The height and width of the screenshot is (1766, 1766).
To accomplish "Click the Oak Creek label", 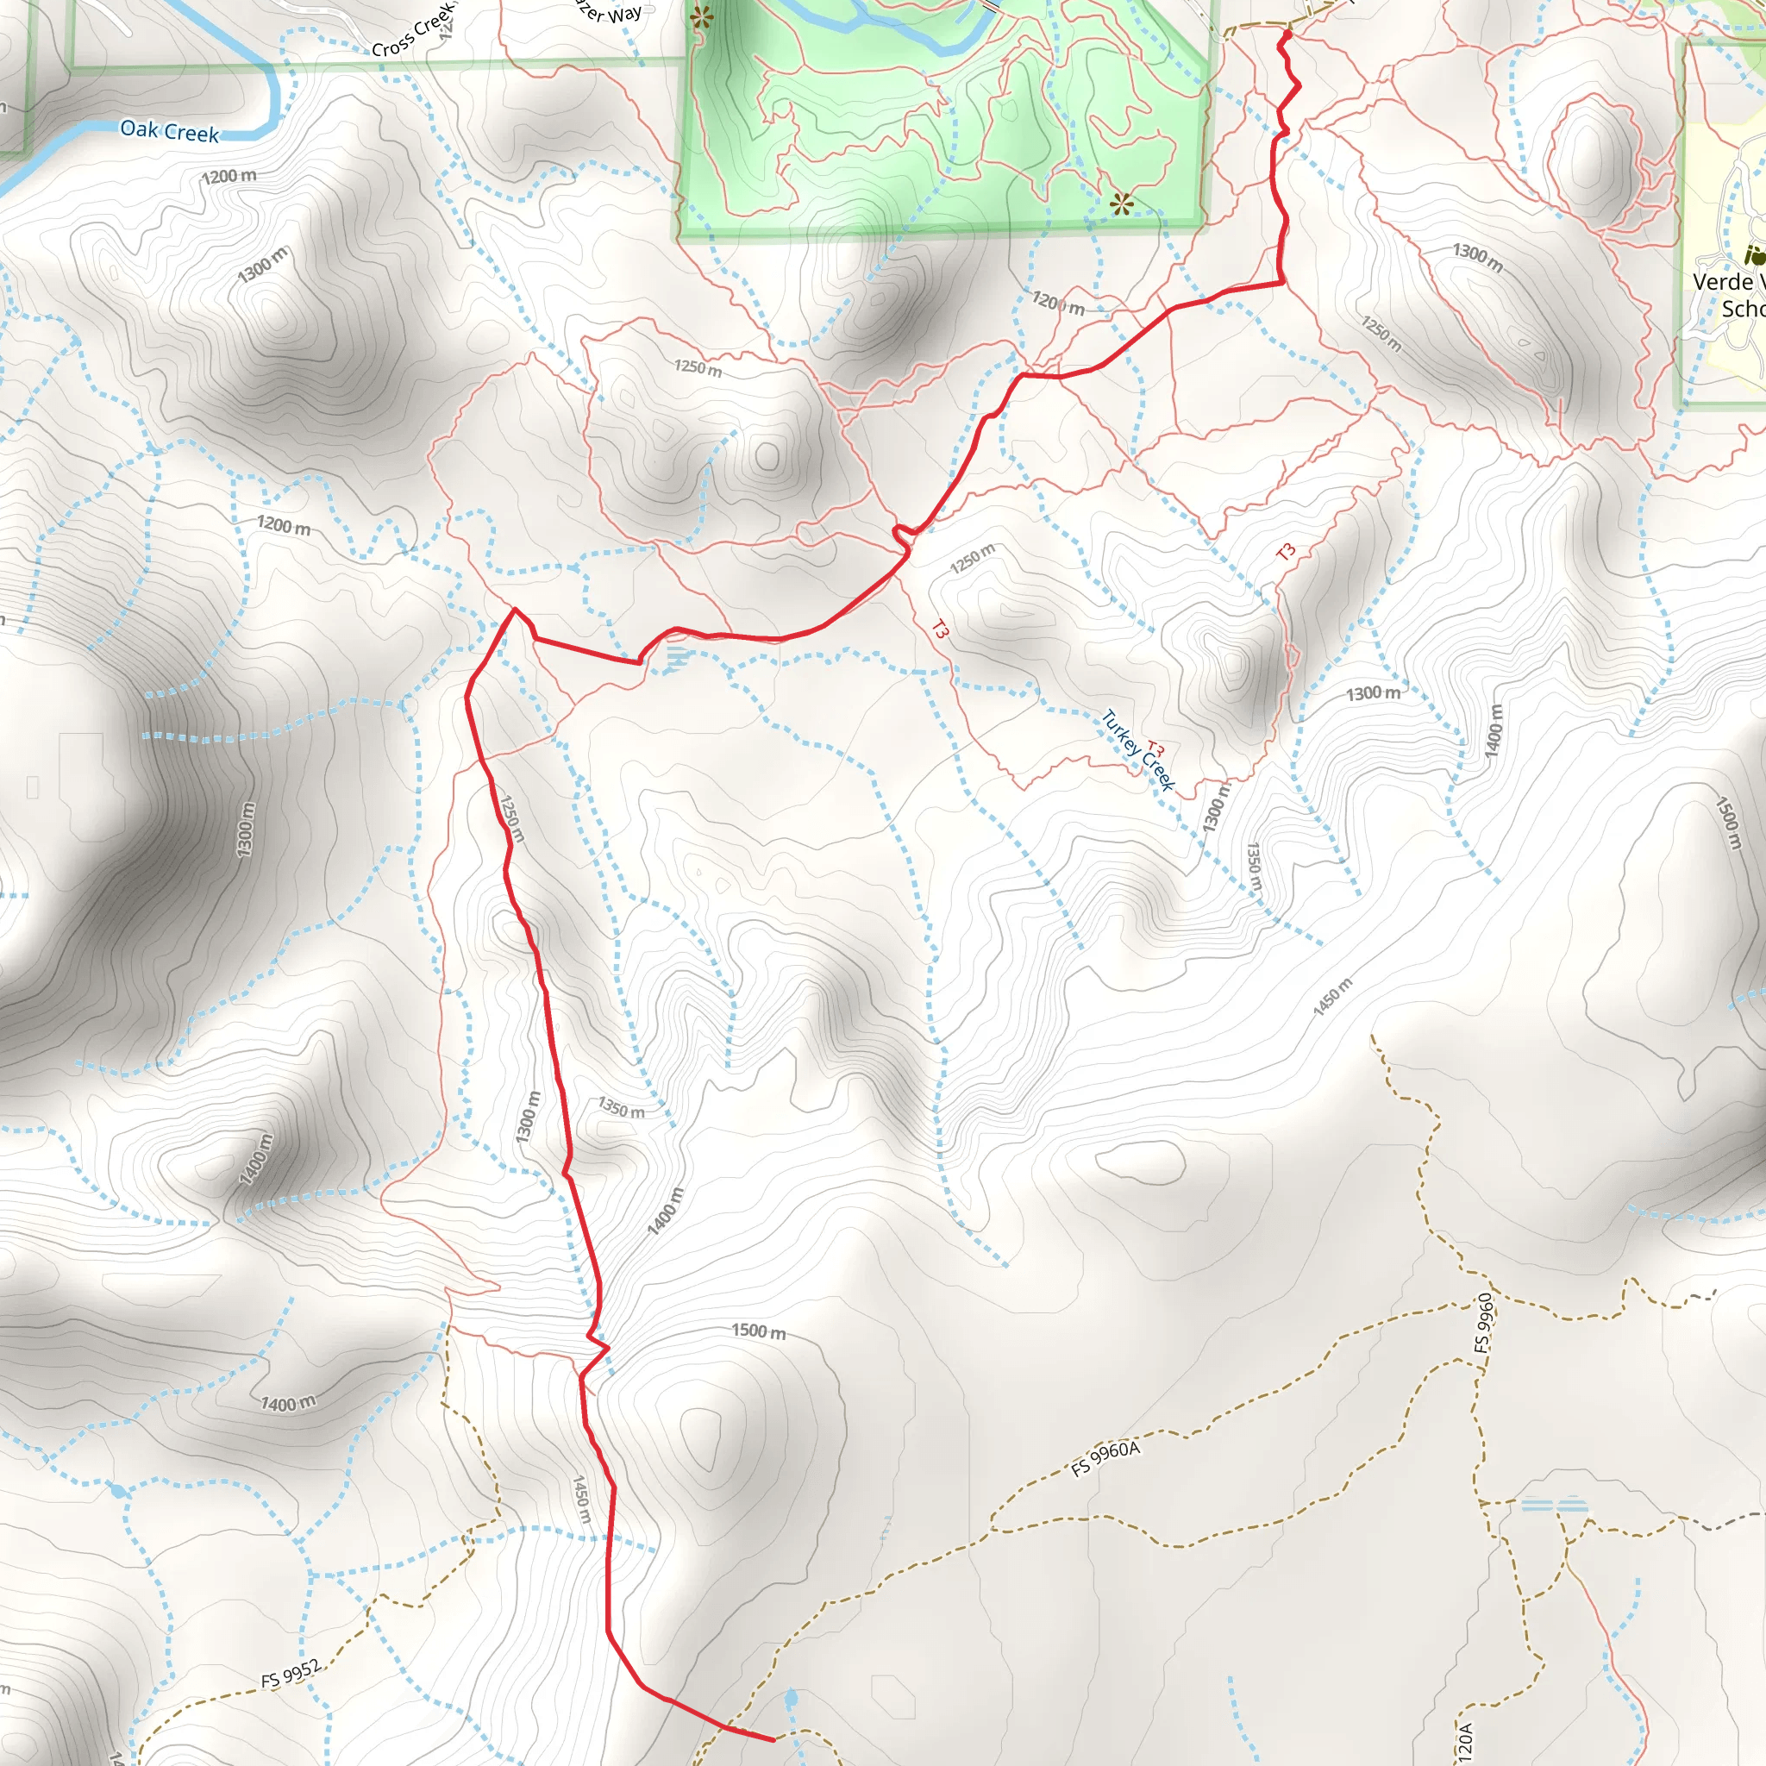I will pyautogui.click(x=170, y=131).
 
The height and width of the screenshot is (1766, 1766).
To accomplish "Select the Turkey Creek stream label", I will pyautogui.click(x=1137, y=749).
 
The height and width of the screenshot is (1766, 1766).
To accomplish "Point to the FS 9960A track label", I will pyautogui.click(x=1106, y=1460).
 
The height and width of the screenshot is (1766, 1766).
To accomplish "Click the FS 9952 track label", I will pyautogui.click(x=291, y=1674).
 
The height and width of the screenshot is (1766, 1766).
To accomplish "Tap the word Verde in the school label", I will pyautogui.click(x=1722, y=281).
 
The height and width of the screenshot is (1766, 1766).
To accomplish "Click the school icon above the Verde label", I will pyautogui.click(x=1754, y=254).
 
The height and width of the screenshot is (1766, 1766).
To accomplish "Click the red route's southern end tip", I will pyautogui.click(x=773, y=1739).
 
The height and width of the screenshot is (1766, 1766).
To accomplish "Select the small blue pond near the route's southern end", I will pyautogui.click(x=791, y=1699).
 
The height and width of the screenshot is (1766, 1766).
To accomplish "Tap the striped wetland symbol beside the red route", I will pyautogui.click(x=675, y=658).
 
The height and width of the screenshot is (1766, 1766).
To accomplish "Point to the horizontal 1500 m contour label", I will pyautogui.click(x=759, y=1331).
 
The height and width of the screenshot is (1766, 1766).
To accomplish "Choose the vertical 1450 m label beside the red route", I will pyautogui.click(x=582, y=1499).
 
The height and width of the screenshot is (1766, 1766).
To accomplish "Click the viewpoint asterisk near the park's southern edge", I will pyautogui.click(x=1122, y=203).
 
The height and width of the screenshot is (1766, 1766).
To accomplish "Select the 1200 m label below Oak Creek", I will pyautogui.click(x=229, y=176).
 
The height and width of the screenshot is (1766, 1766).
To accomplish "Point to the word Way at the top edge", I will pyautogui.click(x=624, y=14).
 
